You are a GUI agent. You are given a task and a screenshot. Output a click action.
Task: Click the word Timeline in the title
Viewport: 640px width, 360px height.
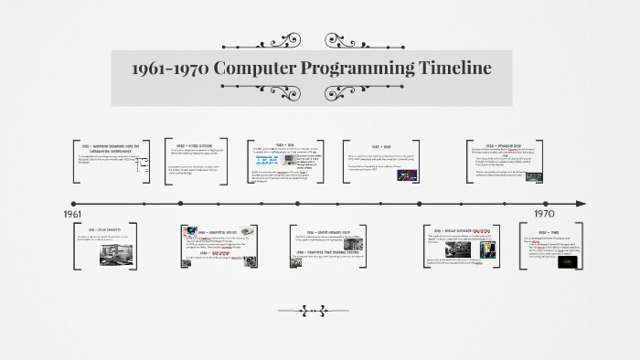coord(444,69)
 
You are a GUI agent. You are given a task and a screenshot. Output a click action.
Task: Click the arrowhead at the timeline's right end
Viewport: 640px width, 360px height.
coord(578,203)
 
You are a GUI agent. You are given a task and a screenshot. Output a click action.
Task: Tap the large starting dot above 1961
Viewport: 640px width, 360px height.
coord(73,203)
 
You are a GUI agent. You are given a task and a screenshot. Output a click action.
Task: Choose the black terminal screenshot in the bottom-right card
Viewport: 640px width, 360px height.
coord(571,261)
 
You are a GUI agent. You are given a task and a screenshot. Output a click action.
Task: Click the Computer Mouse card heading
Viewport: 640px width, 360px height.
coord(220,233)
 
